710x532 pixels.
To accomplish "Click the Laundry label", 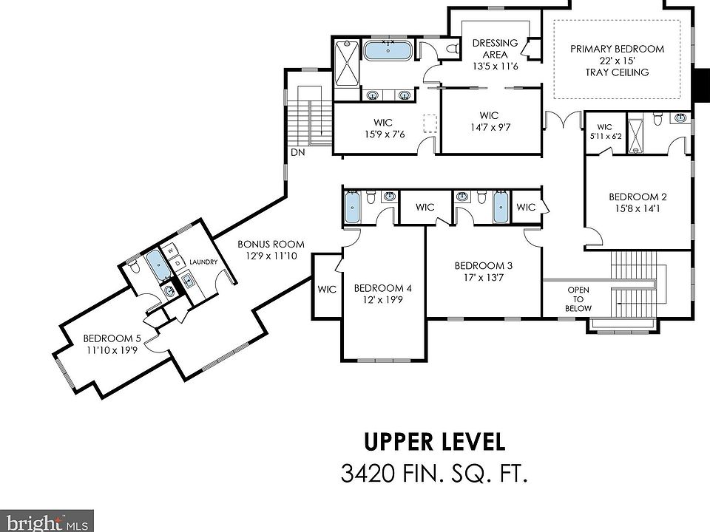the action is point(203,262).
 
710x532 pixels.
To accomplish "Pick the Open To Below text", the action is point(578,299).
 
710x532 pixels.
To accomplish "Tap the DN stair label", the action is point(297,152).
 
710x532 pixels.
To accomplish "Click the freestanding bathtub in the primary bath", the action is point(388,50).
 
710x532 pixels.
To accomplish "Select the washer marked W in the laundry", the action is point(170,250).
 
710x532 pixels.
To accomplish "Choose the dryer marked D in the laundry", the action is point(177,263).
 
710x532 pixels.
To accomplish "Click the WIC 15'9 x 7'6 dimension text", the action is point(385,134).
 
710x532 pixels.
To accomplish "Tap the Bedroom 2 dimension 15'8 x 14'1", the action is point(637,208).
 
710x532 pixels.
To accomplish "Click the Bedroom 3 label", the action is point(483,265).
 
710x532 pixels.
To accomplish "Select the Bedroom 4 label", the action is point(382,288).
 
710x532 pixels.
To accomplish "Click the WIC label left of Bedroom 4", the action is point(326,289).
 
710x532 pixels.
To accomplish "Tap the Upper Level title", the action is point(435,442).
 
